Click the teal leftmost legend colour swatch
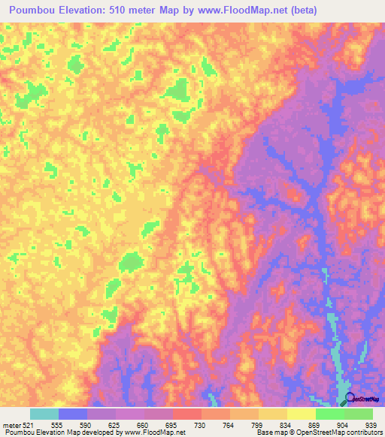click(44, 414)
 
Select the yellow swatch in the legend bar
click(301, 414)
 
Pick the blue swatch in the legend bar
click(73, 414)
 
